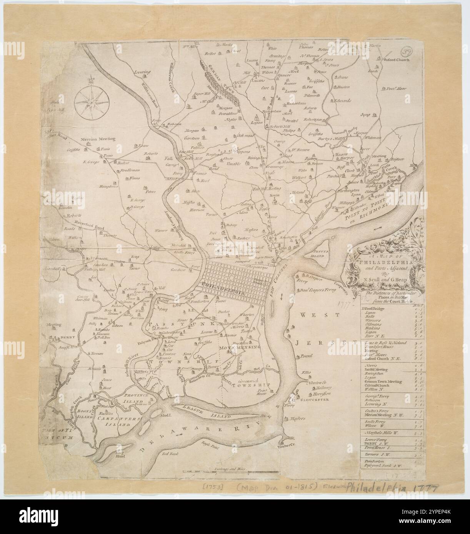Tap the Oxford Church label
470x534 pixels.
pyautogui.click(x=395, y=60)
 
